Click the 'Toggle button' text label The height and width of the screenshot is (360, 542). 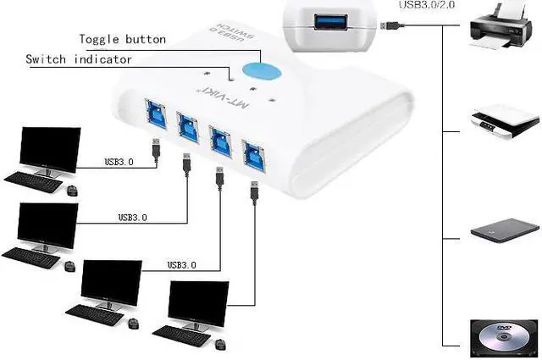(x=122, y=39)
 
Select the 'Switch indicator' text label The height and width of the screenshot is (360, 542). (x=78, y=59)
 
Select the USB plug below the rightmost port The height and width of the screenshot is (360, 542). (x=253, y=190)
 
